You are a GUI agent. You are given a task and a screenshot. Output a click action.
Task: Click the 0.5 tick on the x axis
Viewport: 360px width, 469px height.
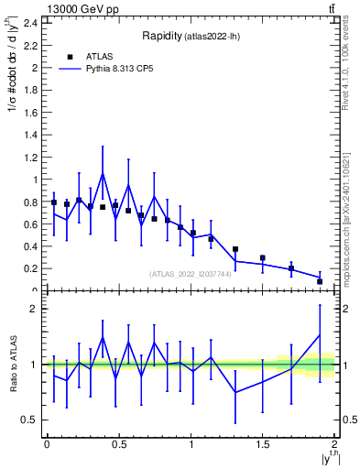pos(118,444)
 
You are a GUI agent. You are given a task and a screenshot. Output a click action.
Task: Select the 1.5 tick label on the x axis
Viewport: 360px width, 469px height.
pos(263,444)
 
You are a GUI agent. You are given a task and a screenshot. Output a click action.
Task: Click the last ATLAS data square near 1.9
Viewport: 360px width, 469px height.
pos(320,281)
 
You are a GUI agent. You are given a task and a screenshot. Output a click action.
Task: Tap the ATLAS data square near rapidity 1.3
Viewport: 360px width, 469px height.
pos(235,249)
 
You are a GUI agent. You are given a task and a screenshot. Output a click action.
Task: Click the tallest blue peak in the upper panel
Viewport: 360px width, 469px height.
pos(103,173)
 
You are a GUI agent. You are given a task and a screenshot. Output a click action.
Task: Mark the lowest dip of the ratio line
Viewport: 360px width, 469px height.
pos(235,392)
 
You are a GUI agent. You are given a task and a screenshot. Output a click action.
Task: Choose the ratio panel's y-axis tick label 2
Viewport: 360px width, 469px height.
pos(36,309)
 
